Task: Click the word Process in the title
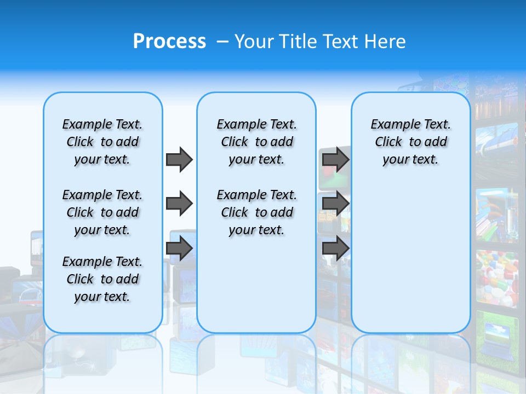(x=169, y=42)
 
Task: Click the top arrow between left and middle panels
(x=179, y=159)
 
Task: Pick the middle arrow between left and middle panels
(x=179, y=204)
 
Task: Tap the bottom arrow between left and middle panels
(x=179, y=248)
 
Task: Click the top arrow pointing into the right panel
(x=335, y=159)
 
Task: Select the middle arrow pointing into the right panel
(x=335, y=204)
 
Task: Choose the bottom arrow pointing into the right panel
(x=335, y=248)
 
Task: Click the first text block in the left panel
(x=102, y=142)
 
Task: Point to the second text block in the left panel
(x=102, y=212)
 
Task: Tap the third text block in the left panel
(x=102, y=279)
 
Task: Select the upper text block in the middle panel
(x=256, y=142)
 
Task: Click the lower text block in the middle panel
(x=256, y=212)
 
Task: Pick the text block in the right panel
(x=411, y=142)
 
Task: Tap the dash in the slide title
(x=222, y=42)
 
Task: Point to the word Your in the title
(x=254, y=42)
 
